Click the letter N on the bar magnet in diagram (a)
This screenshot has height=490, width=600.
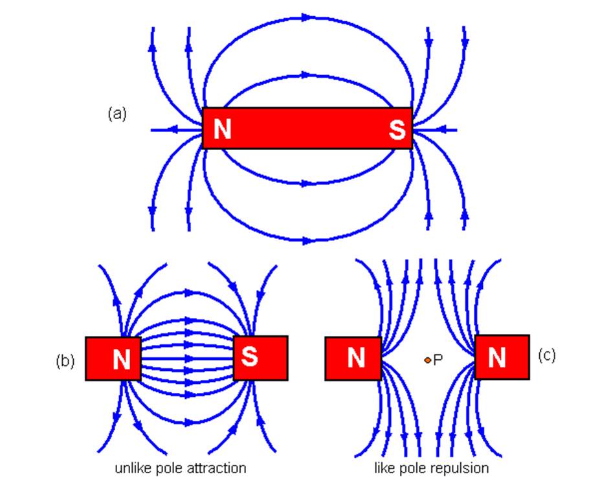point(222,129)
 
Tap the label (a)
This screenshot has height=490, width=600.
point(117,114)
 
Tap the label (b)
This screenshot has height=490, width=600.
point(65,361)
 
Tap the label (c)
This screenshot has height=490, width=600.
point(547,355)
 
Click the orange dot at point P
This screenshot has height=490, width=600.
point(427,360)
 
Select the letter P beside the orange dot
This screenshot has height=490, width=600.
point(438,360)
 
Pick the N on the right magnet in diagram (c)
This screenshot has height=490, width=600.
point(496,357)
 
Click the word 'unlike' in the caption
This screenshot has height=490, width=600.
point(132,468)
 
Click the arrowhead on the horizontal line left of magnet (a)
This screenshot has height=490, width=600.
point(173,130)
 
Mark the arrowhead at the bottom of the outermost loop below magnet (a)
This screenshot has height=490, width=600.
point(307,240)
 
